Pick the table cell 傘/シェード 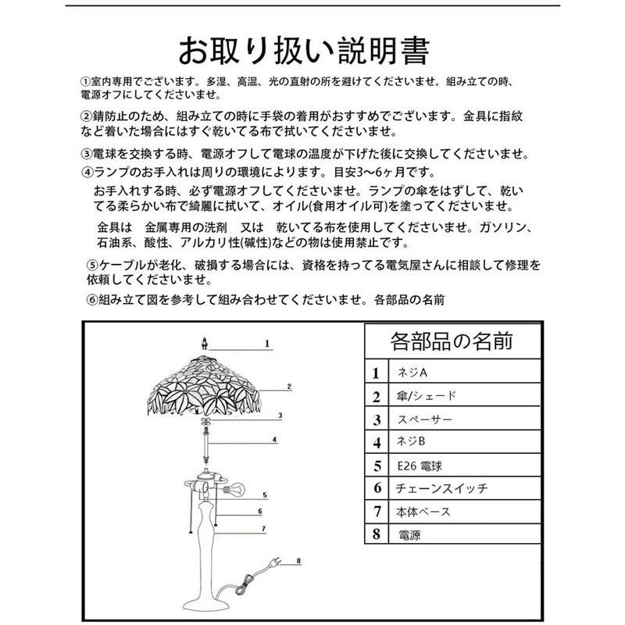(x=426, y=396)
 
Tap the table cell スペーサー (x=424, y=420)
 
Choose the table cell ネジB (x=409, y=442)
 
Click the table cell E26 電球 (x=420, y=466)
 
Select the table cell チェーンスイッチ (x=442, y=488)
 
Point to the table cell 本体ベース (x=423, y=512)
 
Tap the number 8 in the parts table (x=377, y=535)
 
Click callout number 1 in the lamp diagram (x=266, y=343)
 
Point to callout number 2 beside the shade (x=288, y=387)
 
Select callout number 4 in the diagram (x=275, y=440)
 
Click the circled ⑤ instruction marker (x=93, y=265)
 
